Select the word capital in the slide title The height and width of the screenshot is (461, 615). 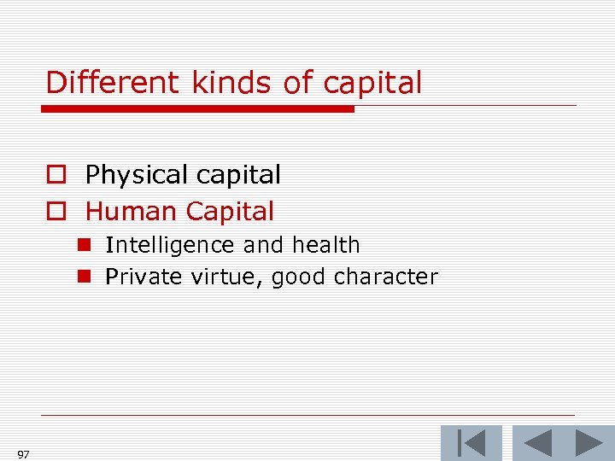point(372,84)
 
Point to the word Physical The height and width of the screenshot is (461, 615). point(137,175)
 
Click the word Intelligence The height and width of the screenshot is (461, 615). point(170,246)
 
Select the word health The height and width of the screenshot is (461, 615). point(325,246)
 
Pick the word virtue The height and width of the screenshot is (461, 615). point(225,277)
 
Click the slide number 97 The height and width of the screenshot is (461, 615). point(23,454)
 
